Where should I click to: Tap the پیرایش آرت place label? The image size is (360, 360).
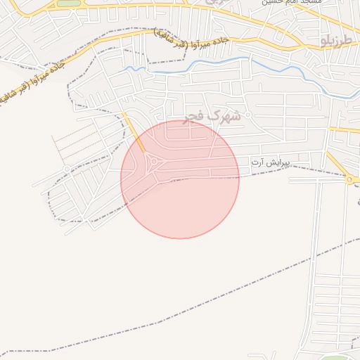point(270,162)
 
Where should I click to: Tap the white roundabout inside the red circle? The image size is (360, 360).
point(153,164)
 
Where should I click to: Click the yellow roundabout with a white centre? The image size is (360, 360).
point(349,180)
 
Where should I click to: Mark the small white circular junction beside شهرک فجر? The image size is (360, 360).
point(247,115)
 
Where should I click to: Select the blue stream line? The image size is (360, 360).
point(211,61)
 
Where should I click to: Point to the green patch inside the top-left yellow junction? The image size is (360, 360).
point(68,4)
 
